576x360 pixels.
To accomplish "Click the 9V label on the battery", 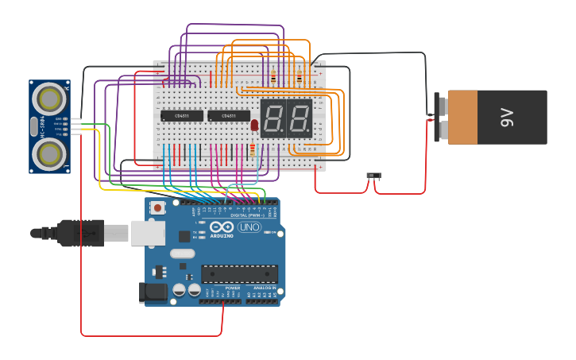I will (x=507, y=117).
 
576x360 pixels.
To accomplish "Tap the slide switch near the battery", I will (x=373, y=175).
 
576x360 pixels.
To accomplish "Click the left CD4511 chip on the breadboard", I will (x=181, y=115).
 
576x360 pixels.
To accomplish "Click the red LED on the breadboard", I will (x=254, y=125).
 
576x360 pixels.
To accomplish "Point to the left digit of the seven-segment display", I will (x=274, y=118).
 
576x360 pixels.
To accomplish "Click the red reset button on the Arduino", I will (x=158, y=208).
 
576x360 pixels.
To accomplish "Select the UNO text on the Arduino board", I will (x=249, y=227).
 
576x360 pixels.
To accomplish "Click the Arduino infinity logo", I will (x=222, y=227).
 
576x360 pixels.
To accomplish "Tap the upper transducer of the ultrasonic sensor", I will (x=50, y=99).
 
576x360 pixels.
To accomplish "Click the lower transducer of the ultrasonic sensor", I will (x=50, y=152).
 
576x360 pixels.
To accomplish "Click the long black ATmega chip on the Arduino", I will (x=239, y=274).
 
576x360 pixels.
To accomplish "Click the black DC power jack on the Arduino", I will (x=153, y=292).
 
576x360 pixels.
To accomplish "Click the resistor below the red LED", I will (x=253, y=149).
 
